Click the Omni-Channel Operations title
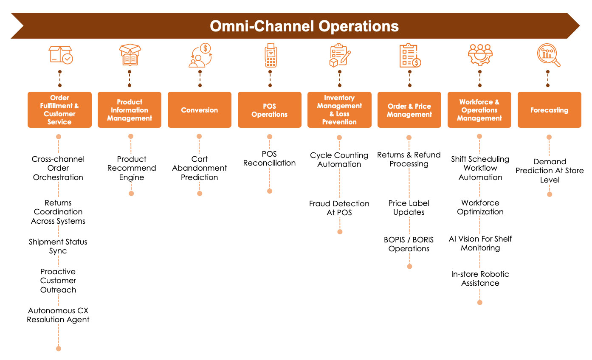(304, 26)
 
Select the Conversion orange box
(200, 110)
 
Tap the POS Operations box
(269, 110)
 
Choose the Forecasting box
(549, 110)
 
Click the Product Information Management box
(130, 110)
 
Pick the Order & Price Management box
(409, 110)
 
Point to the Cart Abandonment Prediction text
(200, 168)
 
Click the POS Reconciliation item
(269, 158)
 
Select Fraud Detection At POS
(339, 208)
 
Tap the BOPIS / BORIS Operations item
(409, 244)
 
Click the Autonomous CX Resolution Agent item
(58, 315)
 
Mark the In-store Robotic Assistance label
(480, 278)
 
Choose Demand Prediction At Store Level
(550, 171)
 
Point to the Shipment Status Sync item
(58, 246)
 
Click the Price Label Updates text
(409, 208)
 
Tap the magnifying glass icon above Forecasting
(549, 56)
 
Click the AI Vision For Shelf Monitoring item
(480, 243)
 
